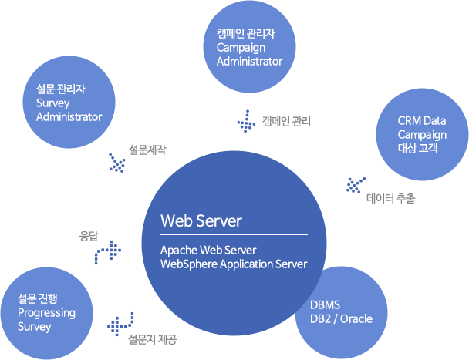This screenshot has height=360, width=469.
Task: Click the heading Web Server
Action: point(201,221)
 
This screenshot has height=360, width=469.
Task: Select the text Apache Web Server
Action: point(208,251)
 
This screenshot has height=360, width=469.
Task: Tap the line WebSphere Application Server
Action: point(233,264)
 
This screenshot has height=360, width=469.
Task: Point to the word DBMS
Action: point(325,304)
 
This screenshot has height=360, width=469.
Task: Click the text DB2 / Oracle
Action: point(340,318)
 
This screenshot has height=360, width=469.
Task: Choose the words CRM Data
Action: point(421,121)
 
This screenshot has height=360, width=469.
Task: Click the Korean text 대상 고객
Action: point(417,148)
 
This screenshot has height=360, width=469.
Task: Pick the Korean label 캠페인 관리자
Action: point(246,34)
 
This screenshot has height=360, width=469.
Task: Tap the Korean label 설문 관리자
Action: point(60,89)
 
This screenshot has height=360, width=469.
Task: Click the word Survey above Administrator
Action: point(53,103)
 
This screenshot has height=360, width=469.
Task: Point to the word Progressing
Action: point(46,312)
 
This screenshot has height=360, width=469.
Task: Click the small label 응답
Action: point(89,236)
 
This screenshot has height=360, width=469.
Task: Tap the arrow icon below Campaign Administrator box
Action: point(245,121)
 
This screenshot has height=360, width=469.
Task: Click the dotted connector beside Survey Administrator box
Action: point(117,163)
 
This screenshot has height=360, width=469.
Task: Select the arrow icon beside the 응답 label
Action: point(110,252)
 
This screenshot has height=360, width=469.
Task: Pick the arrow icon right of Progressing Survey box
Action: point(121,323)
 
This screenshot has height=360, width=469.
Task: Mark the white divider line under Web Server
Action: point(234,234)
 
